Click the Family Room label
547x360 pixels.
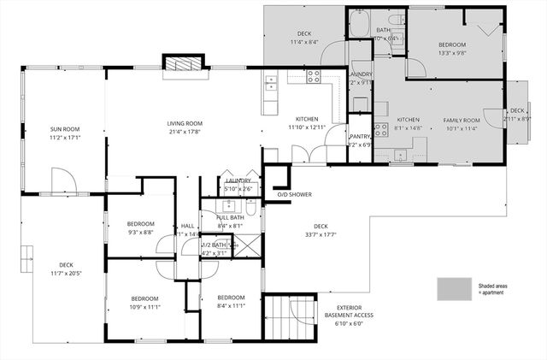(461, 121)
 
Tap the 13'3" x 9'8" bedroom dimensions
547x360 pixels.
(452, 51)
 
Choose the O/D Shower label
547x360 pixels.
(294, 194)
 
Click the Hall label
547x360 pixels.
(187, 226)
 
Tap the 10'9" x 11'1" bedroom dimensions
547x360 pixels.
(144, 306)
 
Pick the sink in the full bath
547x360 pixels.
(228, 206)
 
